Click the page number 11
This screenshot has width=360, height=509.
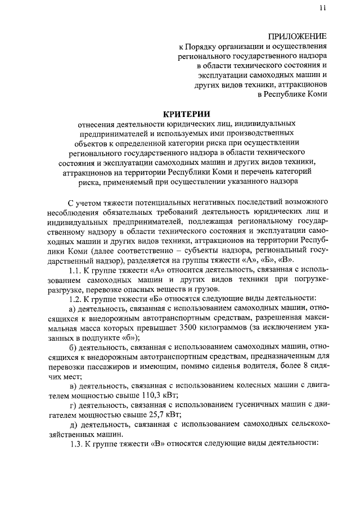click(321, 8)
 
